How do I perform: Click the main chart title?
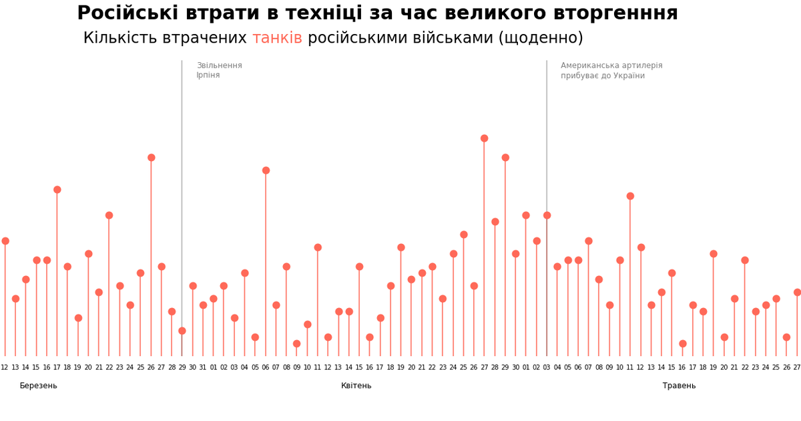coord(377,13)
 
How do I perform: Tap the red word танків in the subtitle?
coord(277,38)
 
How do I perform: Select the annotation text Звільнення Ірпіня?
coord(219,70)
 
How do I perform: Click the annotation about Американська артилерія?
coord(611,70)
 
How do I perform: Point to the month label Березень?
coord(38,386)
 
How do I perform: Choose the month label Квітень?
coord(356,386)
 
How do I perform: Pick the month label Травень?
coord(679,386)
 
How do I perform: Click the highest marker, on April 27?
coord(484,138)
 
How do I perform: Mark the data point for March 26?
coord(151,158)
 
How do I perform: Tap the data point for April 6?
coord(266,170)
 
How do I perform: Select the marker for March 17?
coord(57,190)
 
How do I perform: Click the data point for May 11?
coord(630,196)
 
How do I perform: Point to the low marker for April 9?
coord(296,343)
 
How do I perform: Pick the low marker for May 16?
coord(682,343)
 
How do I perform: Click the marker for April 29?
coord(505,158)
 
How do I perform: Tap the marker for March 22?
coord(109,215)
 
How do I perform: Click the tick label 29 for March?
coord(182,368)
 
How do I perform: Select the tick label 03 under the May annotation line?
coord(547,368)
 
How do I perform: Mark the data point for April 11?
coord(318,247)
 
